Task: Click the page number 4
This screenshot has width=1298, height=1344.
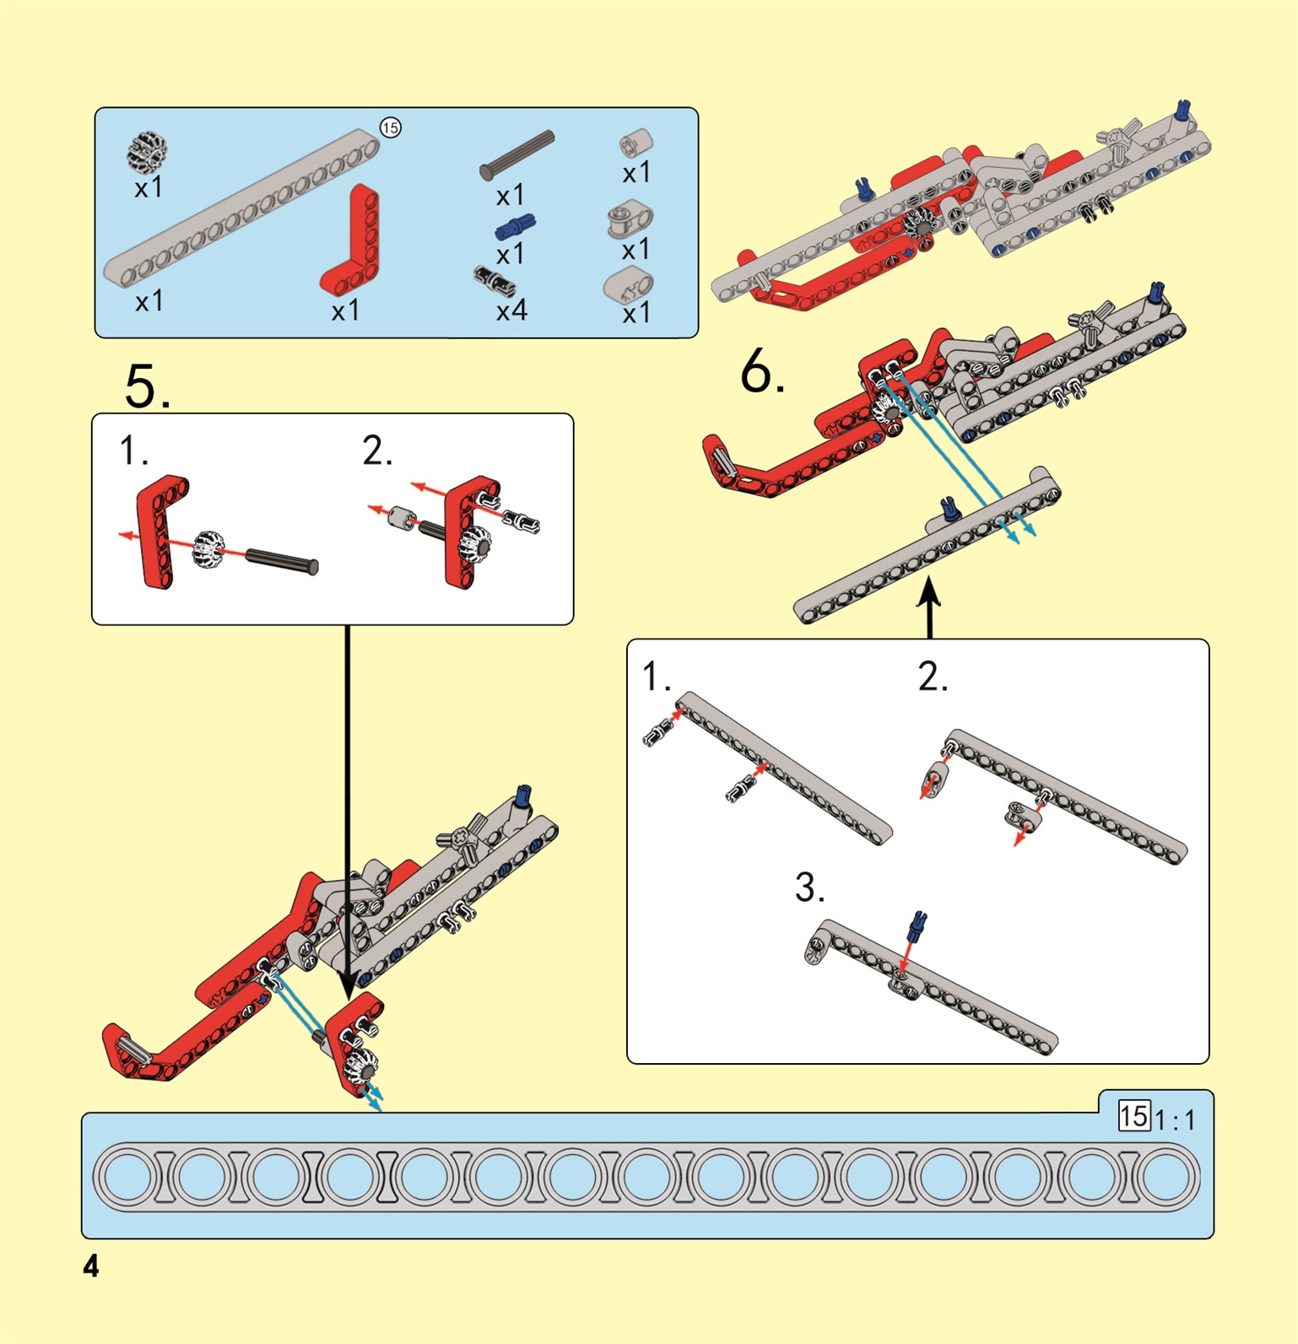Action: click(x=91, y=1266)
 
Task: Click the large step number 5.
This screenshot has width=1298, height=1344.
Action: click(x=147, y=386)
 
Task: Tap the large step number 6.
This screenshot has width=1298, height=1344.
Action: click(x=762, y=371)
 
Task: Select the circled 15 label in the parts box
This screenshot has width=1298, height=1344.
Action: click(x=390, y=127)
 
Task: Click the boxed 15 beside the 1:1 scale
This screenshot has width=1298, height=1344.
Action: click(x=1134, y=1116)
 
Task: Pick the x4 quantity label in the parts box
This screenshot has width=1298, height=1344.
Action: click(x=511, y=310)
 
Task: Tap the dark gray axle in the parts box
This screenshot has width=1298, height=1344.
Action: click(x=516, y=154)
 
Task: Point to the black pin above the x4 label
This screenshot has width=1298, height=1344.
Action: click(x=495, y=280)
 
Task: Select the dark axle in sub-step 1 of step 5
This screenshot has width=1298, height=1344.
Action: click(x=282, y=560)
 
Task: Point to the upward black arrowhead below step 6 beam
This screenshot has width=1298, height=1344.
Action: click(x=929, y=589)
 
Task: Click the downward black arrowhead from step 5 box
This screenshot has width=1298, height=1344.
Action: click(x=347, y=985)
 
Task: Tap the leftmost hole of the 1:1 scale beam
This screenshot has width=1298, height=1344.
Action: click(x=128, y=1176)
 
